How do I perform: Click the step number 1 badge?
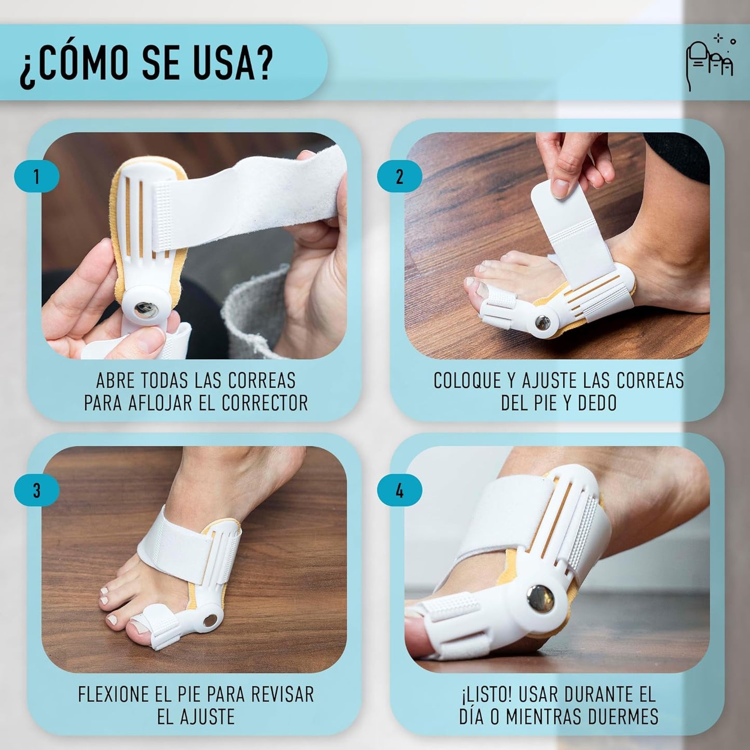click(x=36, y=176)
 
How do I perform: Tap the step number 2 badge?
click(x=399, y=176)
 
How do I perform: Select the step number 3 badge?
click(x=36, y=490)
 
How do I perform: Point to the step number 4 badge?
click(x=399, y=490)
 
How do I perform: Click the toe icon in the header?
click(x=710, y=63)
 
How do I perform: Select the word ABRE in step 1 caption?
click(x=115, y=380)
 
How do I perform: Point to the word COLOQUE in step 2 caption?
click(x=467, y=380)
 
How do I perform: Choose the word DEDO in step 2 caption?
click(x=597, y=403)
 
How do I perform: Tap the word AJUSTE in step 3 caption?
click(x=206, y=717)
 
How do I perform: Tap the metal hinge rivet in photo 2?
click(x=543, y=323)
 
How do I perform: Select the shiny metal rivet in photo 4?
click(x=540, y=598)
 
